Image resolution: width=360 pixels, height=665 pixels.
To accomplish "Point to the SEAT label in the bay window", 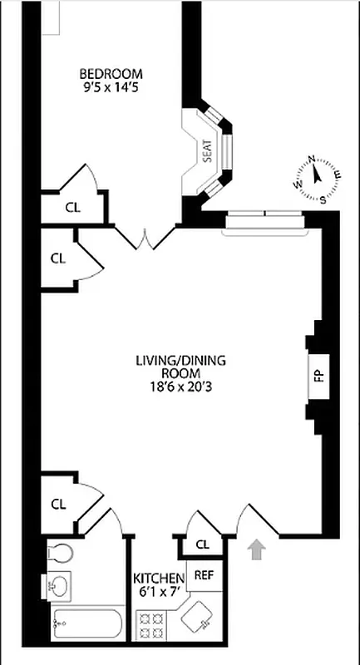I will point(206,150).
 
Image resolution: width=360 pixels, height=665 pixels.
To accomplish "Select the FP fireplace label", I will point(318,375).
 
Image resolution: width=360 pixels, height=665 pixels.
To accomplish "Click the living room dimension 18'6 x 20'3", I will point(181,387).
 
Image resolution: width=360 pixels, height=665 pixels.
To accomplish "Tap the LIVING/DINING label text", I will point(181,361).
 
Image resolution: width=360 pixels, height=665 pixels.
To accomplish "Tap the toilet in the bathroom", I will point(60,553).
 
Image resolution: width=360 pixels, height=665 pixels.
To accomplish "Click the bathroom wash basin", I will point(59,587).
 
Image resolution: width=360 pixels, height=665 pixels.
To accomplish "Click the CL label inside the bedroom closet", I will point(72,208).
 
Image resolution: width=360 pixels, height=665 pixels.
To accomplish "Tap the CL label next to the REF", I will point(203,544).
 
